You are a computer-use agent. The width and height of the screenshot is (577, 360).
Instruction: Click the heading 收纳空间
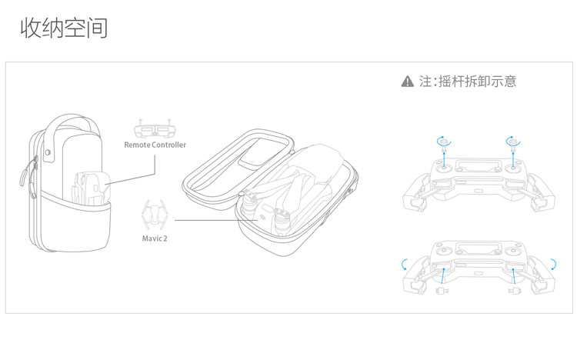click(x=64, y=29)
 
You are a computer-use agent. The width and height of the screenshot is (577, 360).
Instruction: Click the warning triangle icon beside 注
click(x=408, y=82)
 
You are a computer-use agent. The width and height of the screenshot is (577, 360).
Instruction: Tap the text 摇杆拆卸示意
click(x=476, y=82)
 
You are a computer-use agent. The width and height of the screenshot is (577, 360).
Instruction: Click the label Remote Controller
click(x=155, y=145)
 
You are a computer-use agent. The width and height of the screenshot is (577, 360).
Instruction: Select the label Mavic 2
click(x=155, y=238)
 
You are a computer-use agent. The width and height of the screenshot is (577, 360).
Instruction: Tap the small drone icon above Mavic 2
click(x=155, y=214)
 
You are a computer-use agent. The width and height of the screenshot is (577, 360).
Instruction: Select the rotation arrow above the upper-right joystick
click(x=512, y=141)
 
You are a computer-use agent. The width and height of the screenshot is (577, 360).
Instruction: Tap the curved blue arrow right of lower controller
click(x=552, y=265)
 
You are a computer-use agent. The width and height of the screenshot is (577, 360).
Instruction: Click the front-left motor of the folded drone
click(x=250, y=203)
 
